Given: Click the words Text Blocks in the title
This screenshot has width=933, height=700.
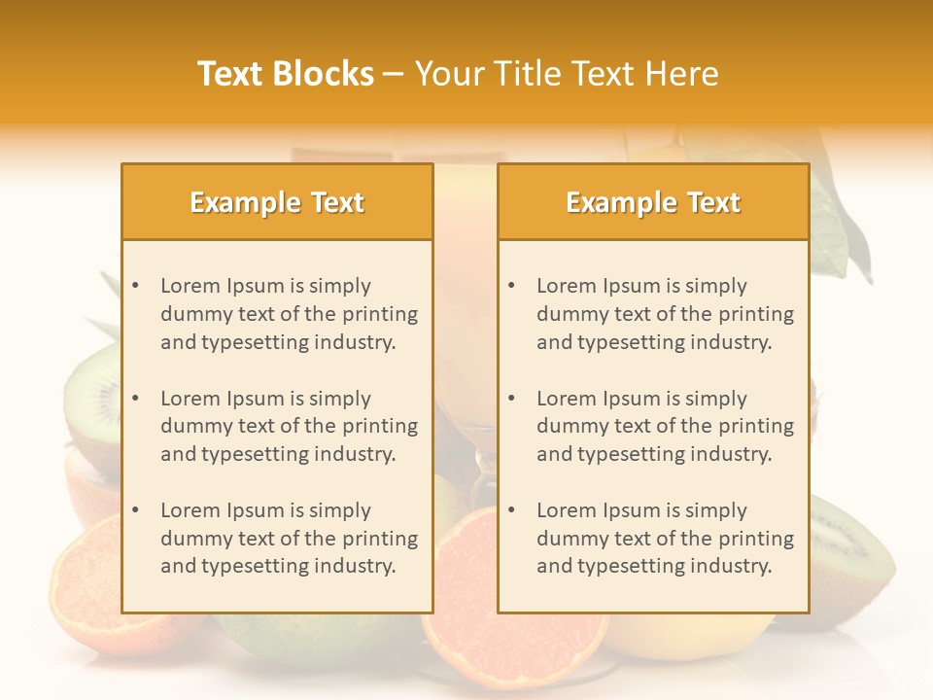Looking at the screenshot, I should [285, 74].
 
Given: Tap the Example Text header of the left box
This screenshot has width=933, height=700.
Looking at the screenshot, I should [277, 202].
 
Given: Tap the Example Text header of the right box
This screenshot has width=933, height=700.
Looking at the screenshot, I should [653, 202].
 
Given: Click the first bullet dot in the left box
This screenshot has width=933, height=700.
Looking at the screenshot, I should [136, 286].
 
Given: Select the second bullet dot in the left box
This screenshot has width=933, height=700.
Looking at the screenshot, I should [136, 399].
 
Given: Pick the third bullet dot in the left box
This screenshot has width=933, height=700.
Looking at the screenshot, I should [136, 510].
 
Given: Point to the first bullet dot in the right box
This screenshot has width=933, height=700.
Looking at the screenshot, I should [512, 286].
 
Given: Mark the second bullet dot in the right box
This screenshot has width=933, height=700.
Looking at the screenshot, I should [512, 399].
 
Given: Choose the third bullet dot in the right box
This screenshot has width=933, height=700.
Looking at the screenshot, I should [512, 510].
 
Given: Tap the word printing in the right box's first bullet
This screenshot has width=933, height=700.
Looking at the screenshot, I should [758, 314].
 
